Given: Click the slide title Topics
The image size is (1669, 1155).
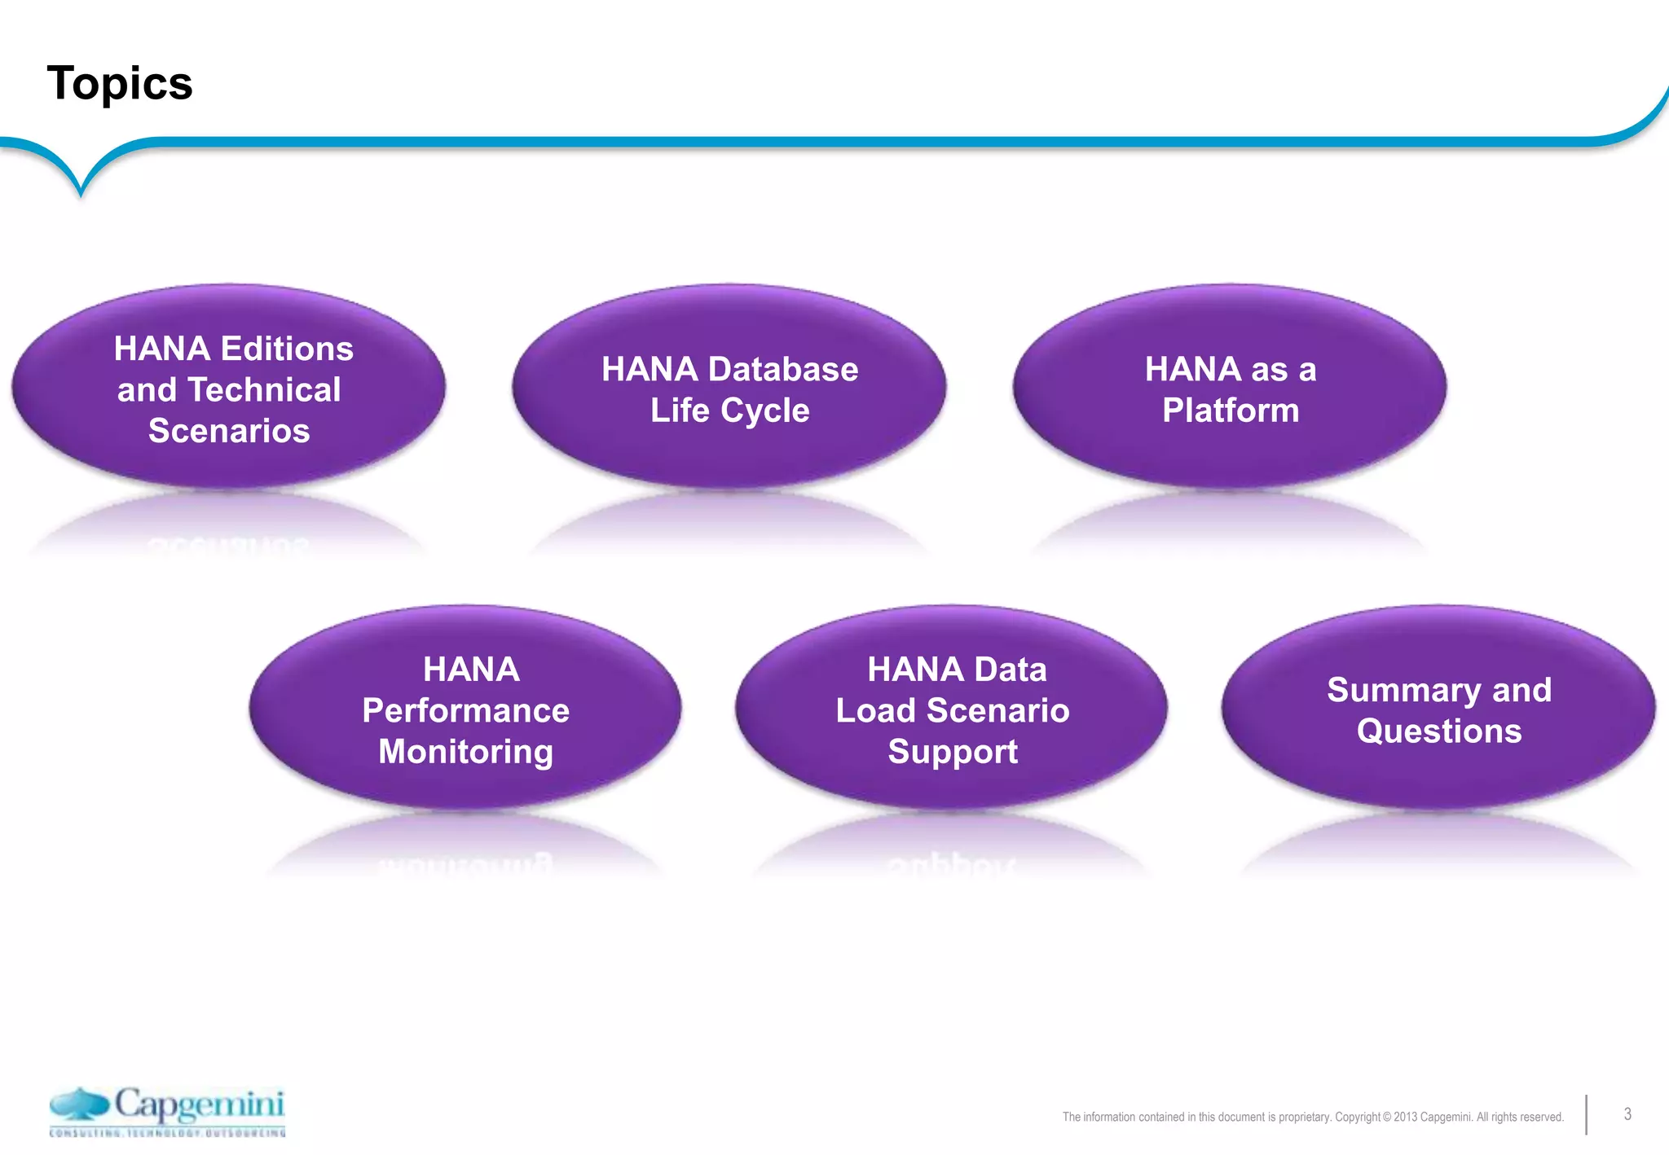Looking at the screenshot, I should click(120, 83).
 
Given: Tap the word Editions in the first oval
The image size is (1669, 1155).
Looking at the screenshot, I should click(285, 349).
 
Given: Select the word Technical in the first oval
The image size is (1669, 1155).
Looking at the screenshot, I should click(264, 389).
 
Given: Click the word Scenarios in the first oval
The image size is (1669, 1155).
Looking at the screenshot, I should click(229, 430).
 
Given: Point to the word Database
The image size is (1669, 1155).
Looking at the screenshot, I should click(782, 369).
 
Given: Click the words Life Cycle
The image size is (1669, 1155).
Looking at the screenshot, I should click(729, 411).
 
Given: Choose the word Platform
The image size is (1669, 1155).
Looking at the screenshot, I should click(1231, 411).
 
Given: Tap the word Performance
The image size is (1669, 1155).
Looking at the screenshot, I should click(465, 710).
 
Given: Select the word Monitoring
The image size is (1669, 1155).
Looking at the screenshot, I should click(465, 752).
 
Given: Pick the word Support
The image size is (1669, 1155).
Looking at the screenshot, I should click(953, 752).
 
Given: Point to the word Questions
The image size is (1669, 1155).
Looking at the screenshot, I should click(1439, 731).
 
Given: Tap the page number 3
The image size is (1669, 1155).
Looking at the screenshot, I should click(1627, 1114).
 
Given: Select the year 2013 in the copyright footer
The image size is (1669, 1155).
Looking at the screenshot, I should click(1405, 1117).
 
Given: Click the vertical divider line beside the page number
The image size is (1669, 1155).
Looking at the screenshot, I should click(1587, 1114).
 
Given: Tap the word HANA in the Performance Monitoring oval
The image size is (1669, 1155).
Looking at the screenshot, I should click(471, 670).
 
